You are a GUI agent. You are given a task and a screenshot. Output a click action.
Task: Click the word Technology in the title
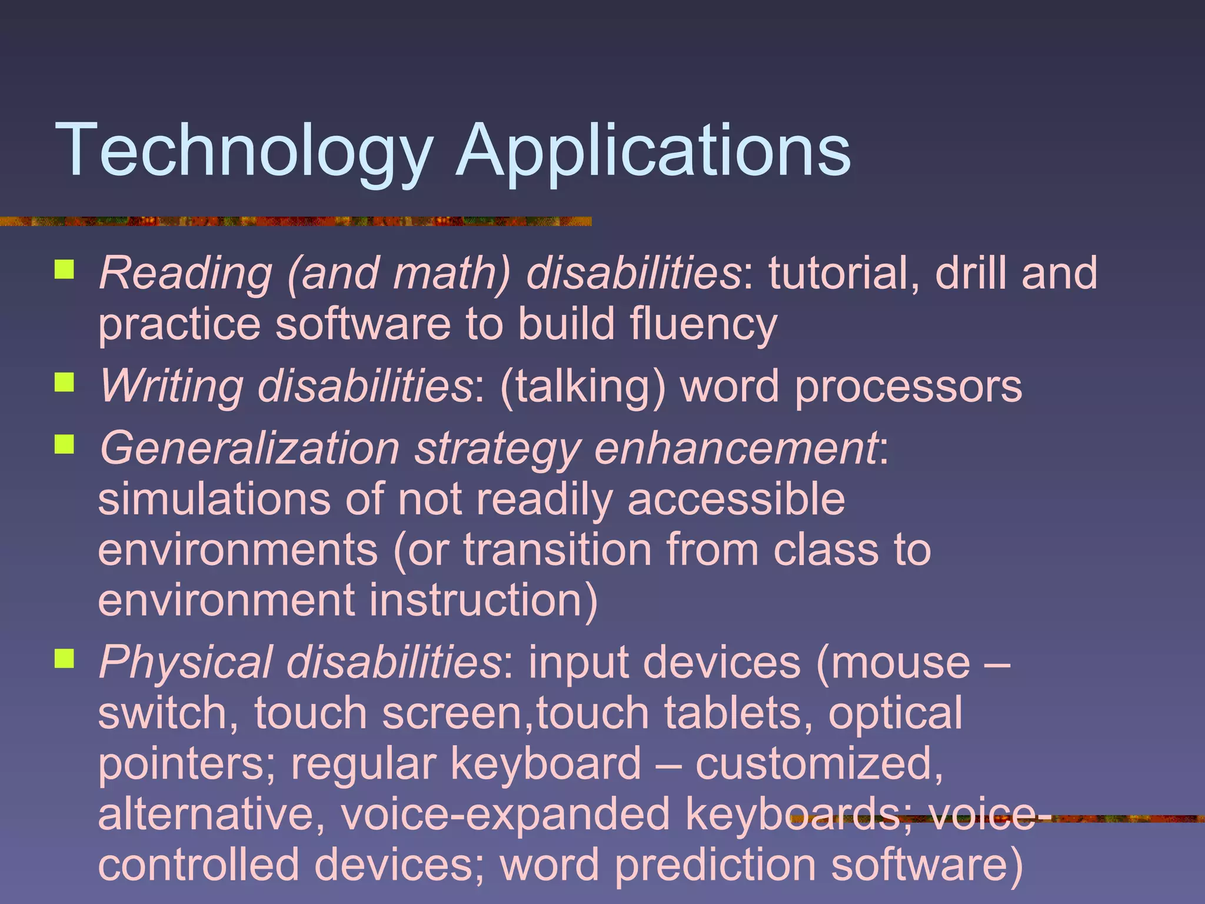point(244,150)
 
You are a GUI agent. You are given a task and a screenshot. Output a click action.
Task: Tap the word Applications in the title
point(653,150)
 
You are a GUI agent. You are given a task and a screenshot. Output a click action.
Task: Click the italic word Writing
point(171,387)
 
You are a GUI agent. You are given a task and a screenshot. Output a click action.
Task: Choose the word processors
point(908,387)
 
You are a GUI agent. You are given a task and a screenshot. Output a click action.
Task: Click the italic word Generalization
point(249,448)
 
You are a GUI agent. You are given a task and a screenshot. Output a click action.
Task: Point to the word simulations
point(214,499)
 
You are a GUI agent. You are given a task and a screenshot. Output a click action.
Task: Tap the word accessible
point(736,499)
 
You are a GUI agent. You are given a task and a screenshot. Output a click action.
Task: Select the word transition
point(557,550)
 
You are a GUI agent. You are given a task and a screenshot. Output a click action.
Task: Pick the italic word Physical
point(186,663)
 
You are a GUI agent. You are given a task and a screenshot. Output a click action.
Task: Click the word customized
point(818,764)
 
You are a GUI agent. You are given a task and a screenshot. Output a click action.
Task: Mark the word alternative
point(211,815)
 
